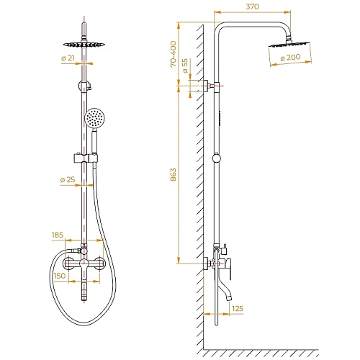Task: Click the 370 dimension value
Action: [251, 6]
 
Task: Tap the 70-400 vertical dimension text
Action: [174, 54]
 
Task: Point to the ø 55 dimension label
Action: [186, 68]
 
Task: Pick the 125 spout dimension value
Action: [237, 309]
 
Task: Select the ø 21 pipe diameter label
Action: [68, 57]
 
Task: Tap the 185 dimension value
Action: [58, 235]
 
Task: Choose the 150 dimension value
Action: [60, 276]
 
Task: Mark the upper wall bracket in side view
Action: [210, 86]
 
